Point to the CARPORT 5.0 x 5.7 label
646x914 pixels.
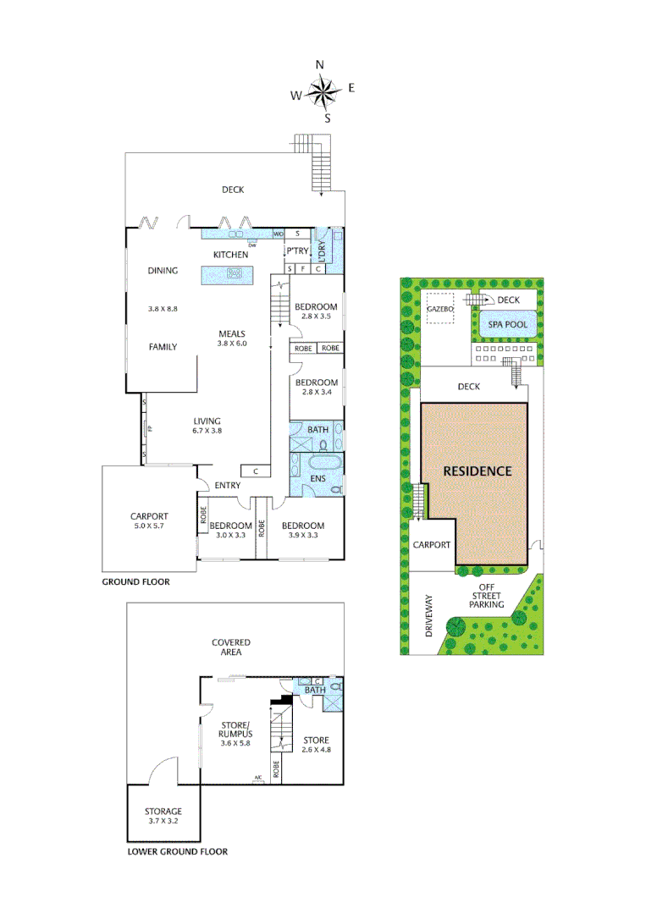point(149,520)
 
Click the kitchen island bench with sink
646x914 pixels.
point(227,273)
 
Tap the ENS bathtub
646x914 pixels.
point(321,463)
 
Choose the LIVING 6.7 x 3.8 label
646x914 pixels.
point(207,426)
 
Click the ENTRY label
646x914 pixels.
point(228,486)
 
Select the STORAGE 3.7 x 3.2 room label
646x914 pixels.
point(162,817)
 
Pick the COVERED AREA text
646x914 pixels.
point(231,647)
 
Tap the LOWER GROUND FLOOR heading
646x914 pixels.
point(177,852)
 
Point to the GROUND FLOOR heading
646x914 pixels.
point(135,582)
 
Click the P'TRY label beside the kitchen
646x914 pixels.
point(296,251)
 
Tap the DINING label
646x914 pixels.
point(163,271)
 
